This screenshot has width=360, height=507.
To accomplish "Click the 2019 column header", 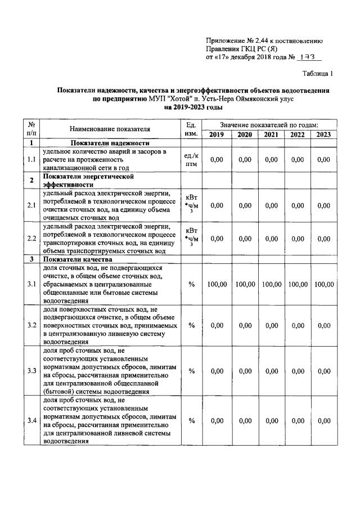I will [x=216, y=134].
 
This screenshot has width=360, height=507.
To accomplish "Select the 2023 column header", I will [x=323, y=134].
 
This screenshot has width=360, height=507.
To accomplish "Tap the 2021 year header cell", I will [x=271, y=134].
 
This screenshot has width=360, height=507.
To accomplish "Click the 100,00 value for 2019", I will [x=216, y=285].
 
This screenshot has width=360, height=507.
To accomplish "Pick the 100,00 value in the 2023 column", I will [x=323, y=285].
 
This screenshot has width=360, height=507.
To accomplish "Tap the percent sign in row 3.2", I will [x=191, y=325].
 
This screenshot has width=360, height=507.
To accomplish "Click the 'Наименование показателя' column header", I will [x=110, y=129].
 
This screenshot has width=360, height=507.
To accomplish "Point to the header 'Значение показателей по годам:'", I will [x=269, y=124].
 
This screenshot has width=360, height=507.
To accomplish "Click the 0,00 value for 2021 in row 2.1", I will [x=271, y=205].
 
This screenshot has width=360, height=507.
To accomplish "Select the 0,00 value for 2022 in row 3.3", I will [x=298, y=371].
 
